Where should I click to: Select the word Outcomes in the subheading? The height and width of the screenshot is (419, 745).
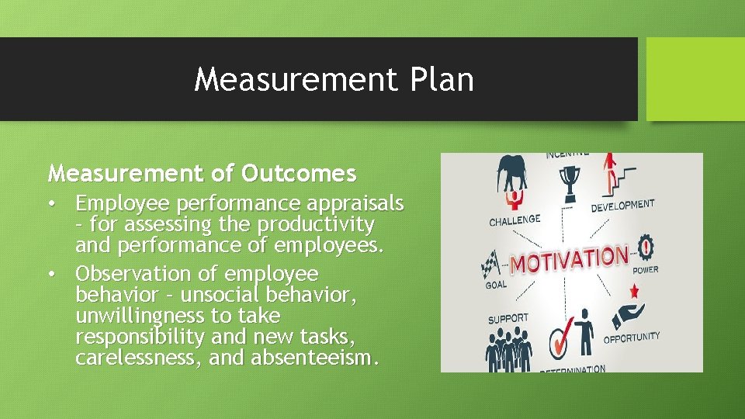[298, 172]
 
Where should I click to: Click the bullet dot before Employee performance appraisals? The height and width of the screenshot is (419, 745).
[51, 204]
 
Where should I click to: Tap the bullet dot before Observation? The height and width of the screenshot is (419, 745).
[51, 274]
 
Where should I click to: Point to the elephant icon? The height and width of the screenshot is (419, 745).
[513, 174]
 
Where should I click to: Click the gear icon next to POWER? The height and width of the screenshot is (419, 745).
[646, 249]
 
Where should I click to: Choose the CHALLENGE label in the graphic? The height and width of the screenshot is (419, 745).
[515, 221]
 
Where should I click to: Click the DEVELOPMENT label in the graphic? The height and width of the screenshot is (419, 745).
[622, 206]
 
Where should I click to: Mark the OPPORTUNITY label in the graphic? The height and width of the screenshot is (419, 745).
[632, 338]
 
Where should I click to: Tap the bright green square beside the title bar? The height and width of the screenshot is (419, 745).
[695, 79]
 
